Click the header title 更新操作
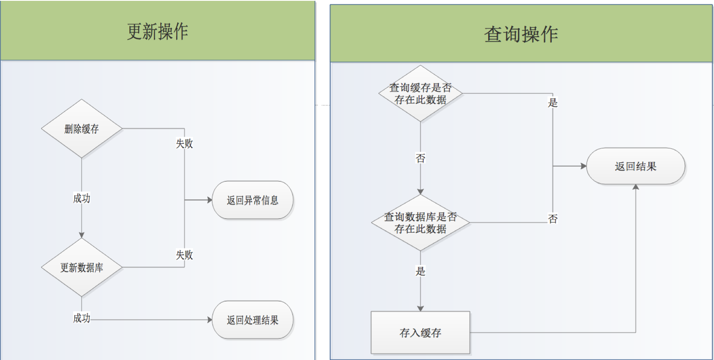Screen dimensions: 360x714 [x=157, y=32]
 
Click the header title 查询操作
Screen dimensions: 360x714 [x=521, y=34]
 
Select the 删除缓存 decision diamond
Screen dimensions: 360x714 [x=82, y=129]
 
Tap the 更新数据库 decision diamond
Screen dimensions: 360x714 [x=82, y=267]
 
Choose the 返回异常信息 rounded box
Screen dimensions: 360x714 [x=252, y=200]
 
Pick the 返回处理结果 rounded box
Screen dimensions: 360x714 [x=252, y=320]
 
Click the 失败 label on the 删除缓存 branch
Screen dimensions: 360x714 [x=184, y=144]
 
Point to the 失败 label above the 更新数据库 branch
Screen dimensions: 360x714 [x=184, y=255]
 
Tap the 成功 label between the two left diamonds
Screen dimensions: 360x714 [x=82, y=198]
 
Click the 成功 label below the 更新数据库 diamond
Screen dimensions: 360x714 [x=82, y=318]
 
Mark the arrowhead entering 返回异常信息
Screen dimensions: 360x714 [x=209, y=200]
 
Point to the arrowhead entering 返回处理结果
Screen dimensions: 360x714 [x=209, y=320]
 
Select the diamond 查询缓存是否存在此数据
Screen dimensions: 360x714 [x=420, y=93]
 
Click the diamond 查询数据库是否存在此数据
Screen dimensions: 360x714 [x=420, y=222]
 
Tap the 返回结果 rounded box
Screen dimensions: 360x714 [x=635, y=166]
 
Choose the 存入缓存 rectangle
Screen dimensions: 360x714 [x=420, y=333]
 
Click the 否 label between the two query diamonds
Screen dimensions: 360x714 [x=420, y=158]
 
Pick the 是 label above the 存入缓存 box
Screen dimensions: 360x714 [x=420, y=271]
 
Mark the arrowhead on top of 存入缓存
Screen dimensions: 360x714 [x=420, y=309]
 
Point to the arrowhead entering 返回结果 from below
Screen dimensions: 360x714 [x=635, y=187]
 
